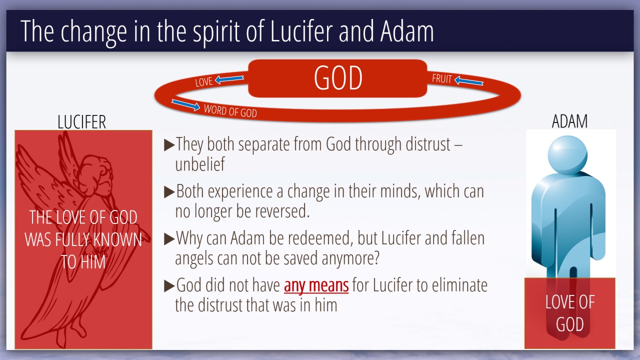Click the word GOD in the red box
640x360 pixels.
[338, 78]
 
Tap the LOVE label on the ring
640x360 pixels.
[203, 81]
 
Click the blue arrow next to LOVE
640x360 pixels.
[229, 79]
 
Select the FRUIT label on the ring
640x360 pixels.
[441, 78]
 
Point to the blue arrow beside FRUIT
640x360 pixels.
[468, 80]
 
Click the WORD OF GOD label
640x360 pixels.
[230, 111]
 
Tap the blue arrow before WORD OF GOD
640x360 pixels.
[185, 105]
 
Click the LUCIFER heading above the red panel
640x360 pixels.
[81, 122]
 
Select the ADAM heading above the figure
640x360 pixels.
[569, 121]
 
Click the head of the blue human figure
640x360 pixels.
[567, 154]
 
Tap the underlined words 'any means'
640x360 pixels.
[316, 285]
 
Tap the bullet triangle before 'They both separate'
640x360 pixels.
[169, 145]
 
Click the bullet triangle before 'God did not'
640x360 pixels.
[169, 286]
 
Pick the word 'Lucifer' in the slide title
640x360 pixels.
[301, 31]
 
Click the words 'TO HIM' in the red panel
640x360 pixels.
[83, 261]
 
